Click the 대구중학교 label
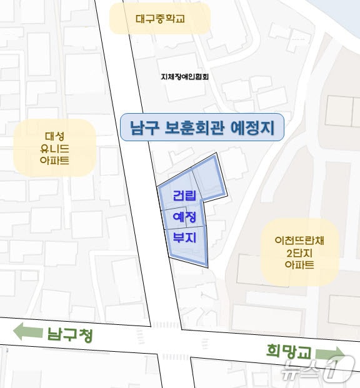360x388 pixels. tap(160, 19)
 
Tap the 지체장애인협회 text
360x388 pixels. tap(184, 77)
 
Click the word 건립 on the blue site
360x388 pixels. tap(184, 196)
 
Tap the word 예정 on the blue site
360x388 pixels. tap(184, 217)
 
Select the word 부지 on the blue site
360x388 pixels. tap(184, 238)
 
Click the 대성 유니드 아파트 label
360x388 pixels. tap(54, 148)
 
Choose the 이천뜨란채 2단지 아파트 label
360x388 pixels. tap(299, 252)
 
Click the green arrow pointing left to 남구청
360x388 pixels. tap(27, 331)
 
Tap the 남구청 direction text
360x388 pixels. tap(69, 335)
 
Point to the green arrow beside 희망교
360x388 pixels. tap(331, 354)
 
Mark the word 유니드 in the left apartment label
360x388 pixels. tap(54, 148)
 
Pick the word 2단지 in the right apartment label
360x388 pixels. tap(299, 252)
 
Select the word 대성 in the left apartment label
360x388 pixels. tap(54, 135)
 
